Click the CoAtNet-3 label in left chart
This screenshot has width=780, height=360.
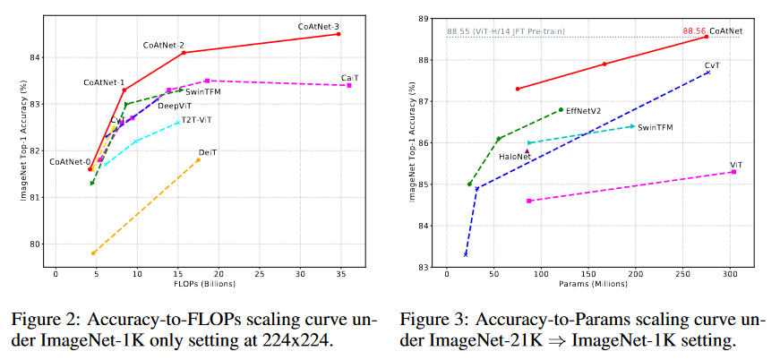(x=318, y=27)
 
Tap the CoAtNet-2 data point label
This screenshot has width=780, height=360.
(x=163, y=45)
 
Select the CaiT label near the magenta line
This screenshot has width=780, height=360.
(x=349, y=78)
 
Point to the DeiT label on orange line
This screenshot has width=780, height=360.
(x=208, y=152)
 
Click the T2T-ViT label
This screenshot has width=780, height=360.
(x=197, y=119)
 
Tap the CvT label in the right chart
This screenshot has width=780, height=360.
(x=712, y=65)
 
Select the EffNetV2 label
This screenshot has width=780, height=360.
(x=584, y=111)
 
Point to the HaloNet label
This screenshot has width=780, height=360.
(x=515, y=156)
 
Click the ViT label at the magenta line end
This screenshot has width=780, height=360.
(x=736, y=165)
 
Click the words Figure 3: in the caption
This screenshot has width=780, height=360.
(x=431, y=320)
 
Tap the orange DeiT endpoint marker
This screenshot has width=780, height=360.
(x=199, y=160)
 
